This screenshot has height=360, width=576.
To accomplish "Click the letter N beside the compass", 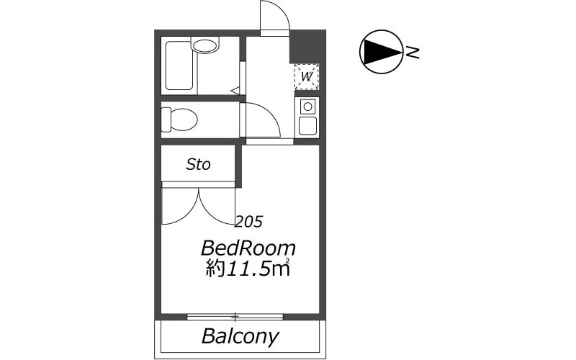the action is click(413, 53).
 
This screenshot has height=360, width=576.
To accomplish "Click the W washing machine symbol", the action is click(307, 77).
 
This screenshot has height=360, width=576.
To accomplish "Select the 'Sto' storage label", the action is click(199, 164).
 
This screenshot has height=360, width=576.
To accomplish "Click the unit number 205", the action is click(248, 222).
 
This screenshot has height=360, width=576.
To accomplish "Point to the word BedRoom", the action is click(248, 248).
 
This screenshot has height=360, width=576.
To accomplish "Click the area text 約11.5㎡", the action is click(248, 269).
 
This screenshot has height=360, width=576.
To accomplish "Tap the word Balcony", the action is click(240, 336).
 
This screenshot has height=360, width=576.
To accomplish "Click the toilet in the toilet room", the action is click(179, 120).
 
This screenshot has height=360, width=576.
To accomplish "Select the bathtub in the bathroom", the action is click(179, 66).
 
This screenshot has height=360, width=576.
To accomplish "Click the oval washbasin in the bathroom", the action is click(204, 46).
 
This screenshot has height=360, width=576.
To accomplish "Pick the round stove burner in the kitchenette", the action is click(308, 107).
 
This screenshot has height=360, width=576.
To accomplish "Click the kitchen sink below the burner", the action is click(308, 126).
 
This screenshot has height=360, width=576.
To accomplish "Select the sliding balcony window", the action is click(235, 317).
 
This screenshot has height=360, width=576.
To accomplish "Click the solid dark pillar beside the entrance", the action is click(308, 47).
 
